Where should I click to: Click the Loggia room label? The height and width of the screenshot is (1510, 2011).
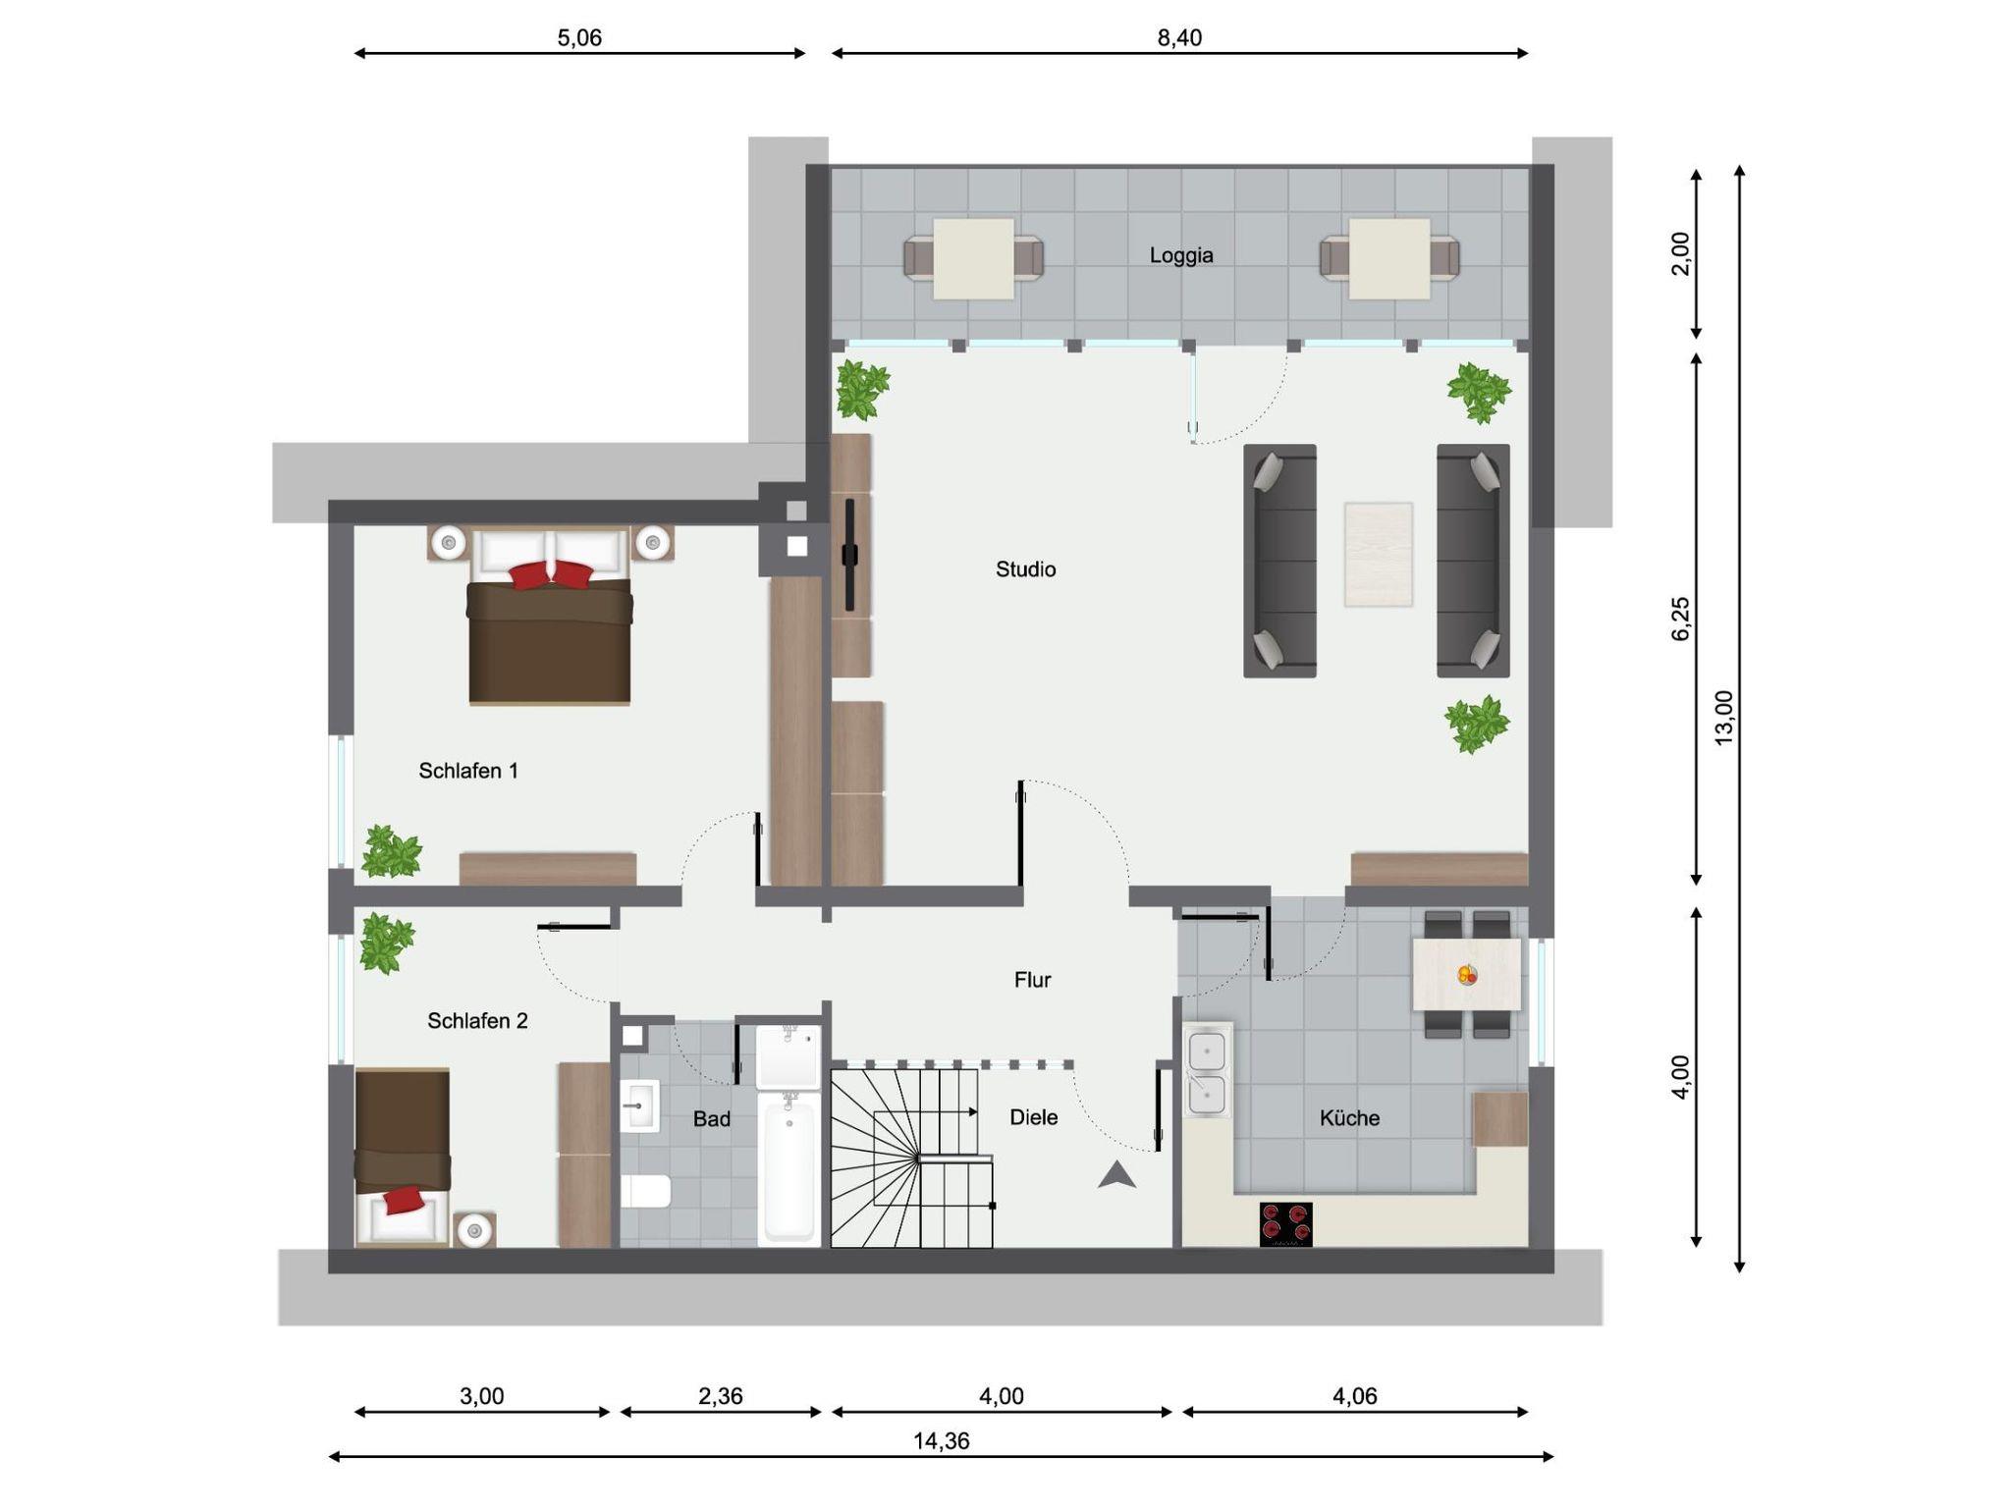[1181, 255]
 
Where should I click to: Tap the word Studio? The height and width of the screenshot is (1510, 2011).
[1025, 569]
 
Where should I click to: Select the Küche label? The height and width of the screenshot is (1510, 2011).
[1349, 1118]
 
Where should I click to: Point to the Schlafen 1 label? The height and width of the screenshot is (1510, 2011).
[467, 771]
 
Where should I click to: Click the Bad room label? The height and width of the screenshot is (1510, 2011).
[711, 1119]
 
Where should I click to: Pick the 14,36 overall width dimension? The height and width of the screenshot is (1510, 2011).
[941, 1441]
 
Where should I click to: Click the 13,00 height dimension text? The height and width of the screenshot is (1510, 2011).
[1724, 718]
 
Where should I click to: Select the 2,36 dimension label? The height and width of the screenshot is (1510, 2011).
[720, 1396]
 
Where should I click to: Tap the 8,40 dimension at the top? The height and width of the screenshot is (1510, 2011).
[1179, 38]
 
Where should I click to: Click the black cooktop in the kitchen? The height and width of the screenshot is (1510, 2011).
[1285, 1224]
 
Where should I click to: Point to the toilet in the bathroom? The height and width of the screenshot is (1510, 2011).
[645, 1191]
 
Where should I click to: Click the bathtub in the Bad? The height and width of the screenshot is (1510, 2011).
[789, 1167]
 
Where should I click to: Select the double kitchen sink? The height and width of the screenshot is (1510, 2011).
[1208, 1070]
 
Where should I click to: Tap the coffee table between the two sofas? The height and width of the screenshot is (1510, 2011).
[1379, 555]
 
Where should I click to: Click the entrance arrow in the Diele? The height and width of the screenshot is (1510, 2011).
[1116, 1175]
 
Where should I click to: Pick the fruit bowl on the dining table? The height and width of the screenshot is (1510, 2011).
[1467, 975]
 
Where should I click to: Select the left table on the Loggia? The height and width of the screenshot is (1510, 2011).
[973, 258]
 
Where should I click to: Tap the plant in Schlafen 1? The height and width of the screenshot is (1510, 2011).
[391, 851]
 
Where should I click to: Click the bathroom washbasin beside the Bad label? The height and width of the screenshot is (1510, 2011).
[639, 1106]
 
